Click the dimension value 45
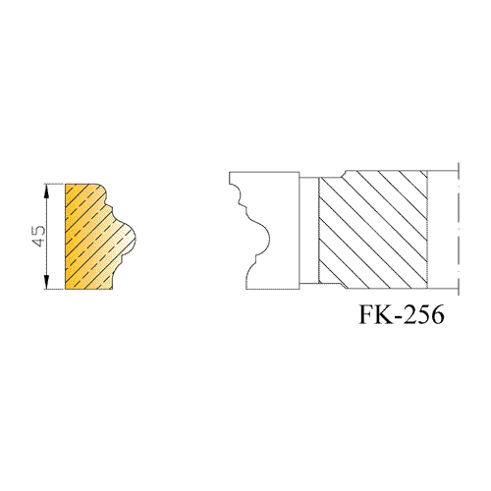[x=38, y=236]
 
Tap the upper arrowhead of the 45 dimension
[x=47, y=191]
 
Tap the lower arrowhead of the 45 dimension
[x=47, y=283]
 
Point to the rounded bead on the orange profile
[x=129, y=238]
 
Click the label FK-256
[x=402, y=315]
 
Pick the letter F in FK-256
[x=366, y=315]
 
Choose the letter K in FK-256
[x=384, y=315]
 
